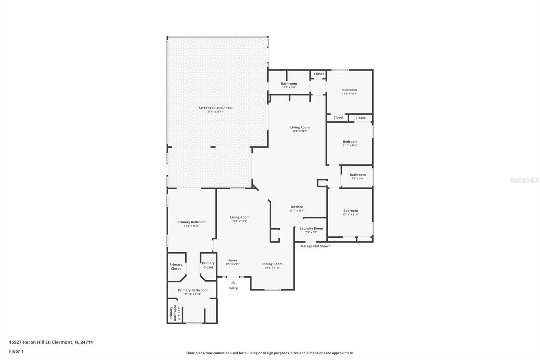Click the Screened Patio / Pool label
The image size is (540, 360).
215,108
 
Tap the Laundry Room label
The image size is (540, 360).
311,228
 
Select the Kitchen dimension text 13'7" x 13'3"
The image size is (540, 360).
297,211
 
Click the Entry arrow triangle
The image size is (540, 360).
233,283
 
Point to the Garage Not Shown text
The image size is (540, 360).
316,246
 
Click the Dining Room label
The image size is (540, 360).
272,264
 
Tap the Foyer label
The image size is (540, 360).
233,260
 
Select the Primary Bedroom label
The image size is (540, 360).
191,222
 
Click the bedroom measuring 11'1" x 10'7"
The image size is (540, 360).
349,92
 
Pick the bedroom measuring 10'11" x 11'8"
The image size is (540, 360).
350,212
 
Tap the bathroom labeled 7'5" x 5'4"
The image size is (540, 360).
357,176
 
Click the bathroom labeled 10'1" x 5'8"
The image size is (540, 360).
289,85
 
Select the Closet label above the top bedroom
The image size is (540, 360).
319,74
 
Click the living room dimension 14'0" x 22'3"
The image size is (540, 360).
300,131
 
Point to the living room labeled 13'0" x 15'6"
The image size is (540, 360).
240,219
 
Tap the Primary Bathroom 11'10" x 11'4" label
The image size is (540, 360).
193,292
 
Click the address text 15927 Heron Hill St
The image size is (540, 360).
51,342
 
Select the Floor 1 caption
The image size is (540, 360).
16,351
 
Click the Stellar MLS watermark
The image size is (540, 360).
524,180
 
